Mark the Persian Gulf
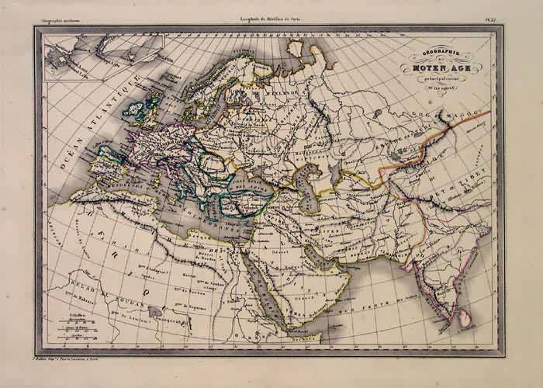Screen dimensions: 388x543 [x=315, y=252]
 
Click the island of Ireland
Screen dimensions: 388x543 [x=133, y=113]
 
